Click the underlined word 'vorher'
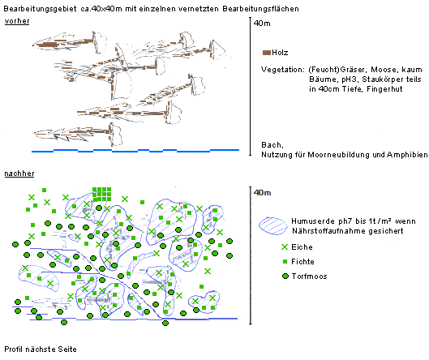[x=17, y=21]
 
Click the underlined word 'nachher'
[x=19, y=174]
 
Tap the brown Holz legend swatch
[x=267, y=53]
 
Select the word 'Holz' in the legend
[x=280, y=53]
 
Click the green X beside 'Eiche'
[x=285, y=247]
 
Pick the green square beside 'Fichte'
[x=285, y=262]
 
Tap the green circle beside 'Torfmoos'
[x=285, y=276]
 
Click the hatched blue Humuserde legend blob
[x=273, y=226]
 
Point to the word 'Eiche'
[x=302, y=247]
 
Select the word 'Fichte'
[x=302, y=262]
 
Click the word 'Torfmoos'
[x=310, y=276]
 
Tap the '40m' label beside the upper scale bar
[x=262, y=24]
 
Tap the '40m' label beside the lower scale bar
[x=262, y=193]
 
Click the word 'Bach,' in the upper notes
[x=272, y=145]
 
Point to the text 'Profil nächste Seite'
[x=41, y=349]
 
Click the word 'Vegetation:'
[x=283, y=70]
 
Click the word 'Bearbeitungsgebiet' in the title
[x=41, y=9]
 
